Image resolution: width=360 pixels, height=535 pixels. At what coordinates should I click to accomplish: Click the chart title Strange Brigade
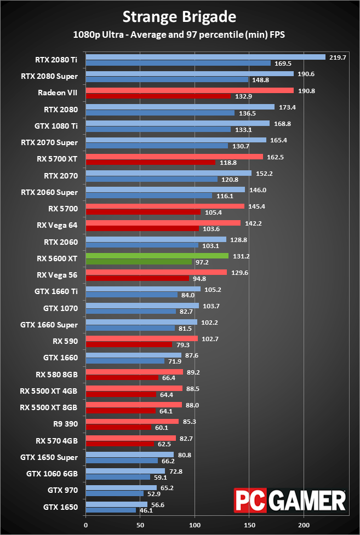[x=180, y=17]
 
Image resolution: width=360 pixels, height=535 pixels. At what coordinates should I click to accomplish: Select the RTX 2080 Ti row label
[x=57, y=60]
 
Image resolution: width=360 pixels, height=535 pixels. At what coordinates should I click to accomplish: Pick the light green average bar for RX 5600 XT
[x=157, y=256]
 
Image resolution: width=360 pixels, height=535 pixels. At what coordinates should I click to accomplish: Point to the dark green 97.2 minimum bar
[x=139, y=262]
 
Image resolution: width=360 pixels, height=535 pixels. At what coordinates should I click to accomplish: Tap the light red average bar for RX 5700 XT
[x=174, y=157]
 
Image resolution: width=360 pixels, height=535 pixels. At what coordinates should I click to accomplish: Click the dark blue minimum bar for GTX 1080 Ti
[x=158, y=129]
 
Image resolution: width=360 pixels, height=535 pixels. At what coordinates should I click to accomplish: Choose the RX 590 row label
[x=65, y=341]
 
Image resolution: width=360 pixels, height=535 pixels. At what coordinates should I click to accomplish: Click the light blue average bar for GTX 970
[x=121, y=487]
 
